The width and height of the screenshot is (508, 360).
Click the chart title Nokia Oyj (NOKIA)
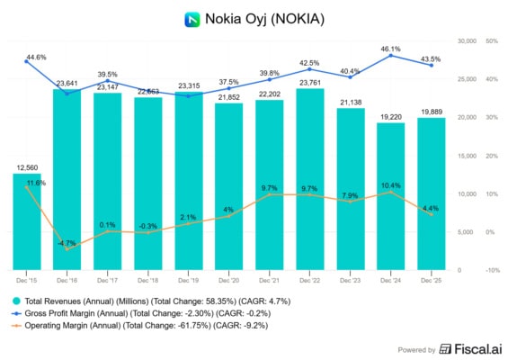point(264,18)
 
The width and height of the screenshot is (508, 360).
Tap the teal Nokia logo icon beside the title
point(191,18)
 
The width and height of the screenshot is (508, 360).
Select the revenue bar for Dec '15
point(26,220)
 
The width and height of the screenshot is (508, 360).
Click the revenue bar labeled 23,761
point(310,180)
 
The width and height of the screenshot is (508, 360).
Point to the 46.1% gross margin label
point(391,48)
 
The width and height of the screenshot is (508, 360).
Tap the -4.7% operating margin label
point(67,243)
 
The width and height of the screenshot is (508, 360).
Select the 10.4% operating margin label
point(391,184)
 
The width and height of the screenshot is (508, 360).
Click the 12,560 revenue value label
point(26,167)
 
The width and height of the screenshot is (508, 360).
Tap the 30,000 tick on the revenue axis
point(466,41)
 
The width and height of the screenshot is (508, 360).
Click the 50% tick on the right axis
point(490,41)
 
